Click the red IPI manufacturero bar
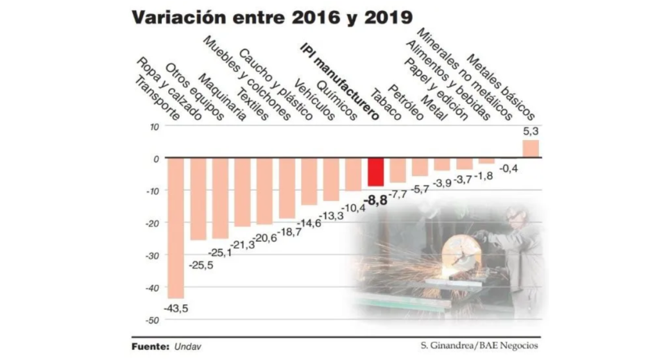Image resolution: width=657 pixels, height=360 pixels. (375, 171)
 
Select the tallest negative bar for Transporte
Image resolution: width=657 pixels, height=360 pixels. (175, 228)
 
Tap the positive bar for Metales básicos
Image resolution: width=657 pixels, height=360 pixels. (530, 149)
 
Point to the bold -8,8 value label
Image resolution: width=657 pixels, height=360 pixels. (375, 201)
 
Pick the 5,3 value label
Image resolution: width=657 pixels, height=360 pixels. (531, 132)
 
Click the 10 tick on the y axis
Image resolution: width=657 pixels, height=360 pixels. (154, 126)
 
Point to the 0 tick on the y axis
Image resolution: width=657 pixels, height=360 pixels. (156, 159)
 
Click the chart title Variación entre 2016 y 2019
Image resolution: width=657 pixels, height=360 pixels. (272, 17)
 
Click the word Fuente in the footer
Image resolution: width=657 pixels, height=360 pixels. (149, 347)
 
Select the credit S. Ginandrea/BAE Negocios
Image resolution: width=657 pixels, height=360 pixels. (476, 347)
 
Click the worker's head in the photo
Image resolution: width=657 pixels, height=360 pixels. (516, 217)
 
